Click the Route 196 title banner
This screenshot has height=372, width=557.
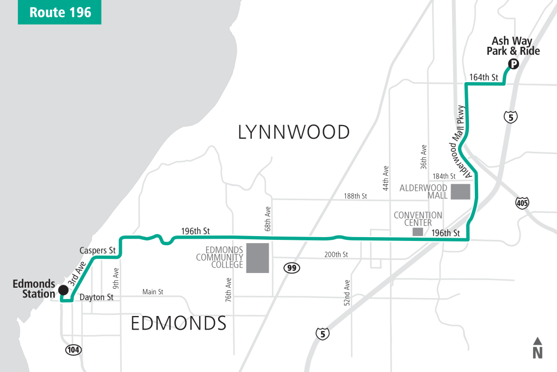(x=59, y=13)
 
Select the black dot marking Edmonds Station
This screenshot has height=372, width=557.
(x=64, y=289)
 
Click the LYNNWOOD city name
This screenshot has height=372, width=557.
(x=294, y=132)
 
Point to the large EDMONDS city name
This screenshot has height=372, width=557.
(x=178, y=324)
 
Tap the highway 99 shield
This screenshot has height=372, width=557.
(x=291, y=268)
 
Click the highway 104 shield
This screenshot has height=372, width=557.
(x=73, y=349)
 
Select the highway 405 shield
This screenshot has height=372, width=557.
(x=522, y=203)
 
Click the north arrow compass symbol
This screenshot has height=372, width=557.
(x=537, y=348)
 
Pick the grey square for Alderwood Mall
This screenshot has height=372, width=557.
(x=460, y=192)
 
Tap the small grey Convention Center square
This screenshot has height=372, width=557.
(x=417, y=232)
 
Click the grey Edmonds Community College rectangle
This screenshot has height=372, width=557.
(x=257, y=258)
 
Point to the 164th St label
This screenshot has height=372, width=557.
(x=484, y=78)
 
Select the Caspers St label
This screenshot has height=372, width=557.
(x=98, y=251)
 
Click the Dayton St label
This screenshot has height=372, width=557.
(x=96, y=297)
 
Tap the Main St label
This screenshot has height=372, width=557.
(x=152, y=292)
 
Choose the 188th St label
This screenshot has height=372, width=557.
(x=356, y=196)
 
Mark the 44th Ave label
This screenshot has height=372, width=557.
(x=386, y=177)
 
